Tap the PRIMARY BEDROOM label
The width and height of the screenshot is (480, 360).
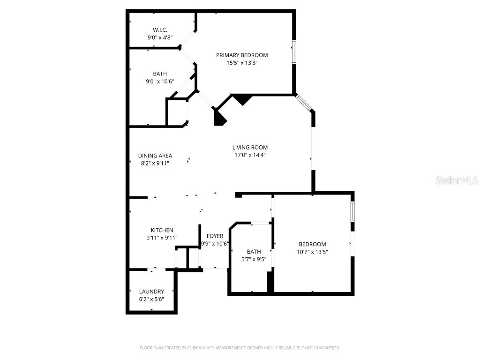pos(242,55)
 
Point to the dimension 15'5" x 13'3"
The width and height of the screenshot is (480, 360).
pos(242,63)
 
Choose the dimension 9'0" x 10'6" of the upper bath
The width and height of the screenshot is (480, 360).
pos(159,82)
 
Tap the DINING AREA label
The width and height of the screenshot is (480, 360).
pos(155,156)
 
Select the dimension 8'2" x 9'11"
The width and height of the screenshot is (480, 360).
pos(155,164)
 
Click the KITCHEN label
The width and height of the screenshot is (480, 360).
pos(162,230)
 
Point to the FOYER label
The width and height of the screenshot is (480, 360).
pos(215,236)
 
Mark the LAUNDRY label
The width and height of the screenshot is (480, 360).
pos(151,291)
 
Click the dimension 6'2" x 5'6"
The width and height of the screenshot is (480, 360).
pos(151,299)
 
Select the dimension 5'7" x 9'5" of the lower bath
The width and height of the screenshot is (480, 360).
pos(254,259)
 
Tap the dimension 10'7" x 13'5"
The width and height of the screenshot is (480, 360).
pos(313,252)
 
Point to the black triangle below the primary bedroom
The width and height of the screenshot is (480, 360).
pos(242,99)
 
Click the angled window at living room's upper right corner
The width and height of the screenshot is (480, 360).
pos(304,104)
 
